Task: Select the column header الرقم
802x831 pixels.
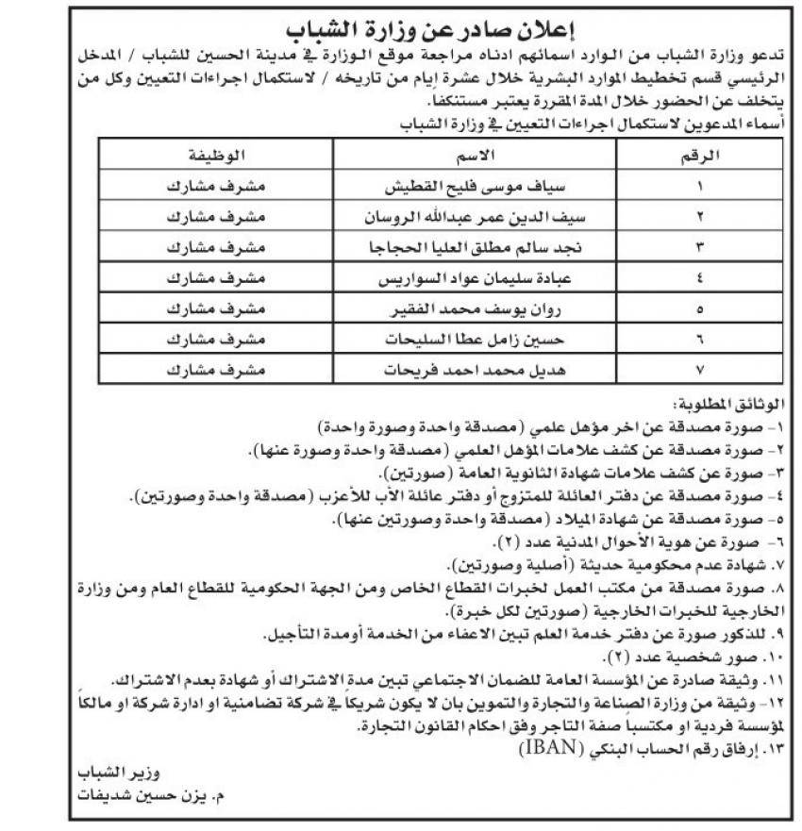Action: coord(701,156)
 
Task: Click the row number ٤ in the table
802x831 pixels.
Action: coord(700,280)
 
